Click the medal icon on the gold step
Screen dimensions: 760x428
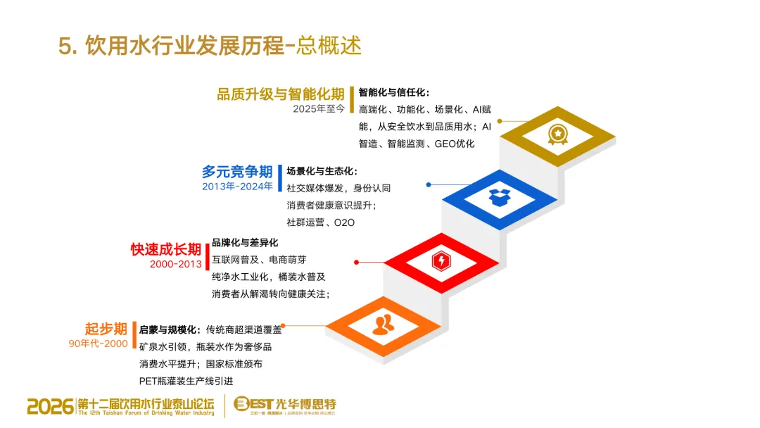pyautogui.click(x=557, y=133)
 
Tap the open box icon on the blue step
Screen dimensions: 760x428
pyautogui.click(x=500, y=197)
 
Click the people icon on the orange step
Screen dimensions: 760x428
pyautogui.click(x=384, y=325)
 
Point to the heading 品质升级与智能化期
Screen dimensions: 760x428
pyautogui.click(x=280, y=94)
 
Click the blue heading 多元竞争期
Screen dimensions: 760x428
pyautogui.click(x=236, y=172)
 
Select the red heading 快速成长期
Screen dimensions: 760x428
pyautogui.click(x=165, y=250)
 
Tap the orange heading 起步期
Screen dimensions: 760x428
pyautogui.click(x=106, y=329)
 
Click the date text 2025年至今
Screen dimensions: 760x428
pyautogui.click(x=319, y=109)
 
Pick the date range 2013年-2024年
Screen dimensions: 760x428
pyautogui.click(x=237, y=187)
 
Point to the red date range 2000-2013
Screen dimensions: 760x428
pyautogui.click(x=175, y=265)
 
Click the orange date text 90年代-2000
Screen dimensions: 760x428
pyautogui.click(x=98, y=344)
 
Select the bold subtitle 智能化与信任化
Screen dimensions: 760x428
pyautogui.click(x=393, y=92)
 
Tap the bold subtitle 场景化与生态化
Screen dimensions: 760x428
pyautogui.click(x=322, y=171)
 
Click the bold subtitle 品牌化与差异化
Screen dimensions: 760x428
pyautogui.click(x=244, y=243)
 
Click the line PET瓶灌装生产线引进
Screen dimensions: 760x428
pyautogui.click(x=186, y=382)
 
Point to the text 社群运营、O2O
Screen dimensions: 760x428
pyautogui.click(x=320, y=222)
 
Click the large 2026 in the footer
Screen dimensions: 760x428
pyautogui.click(x=50, y=405)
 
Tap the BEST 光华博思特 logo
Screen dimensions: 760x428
pyautogui.click(x=284, y=405)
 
